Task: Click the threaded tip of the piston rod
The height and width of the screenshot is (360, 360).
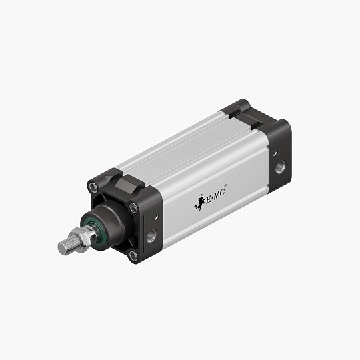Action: click(x=65, y=247)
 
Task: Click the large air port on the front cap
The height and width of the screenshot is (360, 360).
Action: click(x=151, y=234)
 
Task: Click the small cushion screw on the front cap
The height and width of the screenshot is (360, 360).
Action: click(x=155, y=217)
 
